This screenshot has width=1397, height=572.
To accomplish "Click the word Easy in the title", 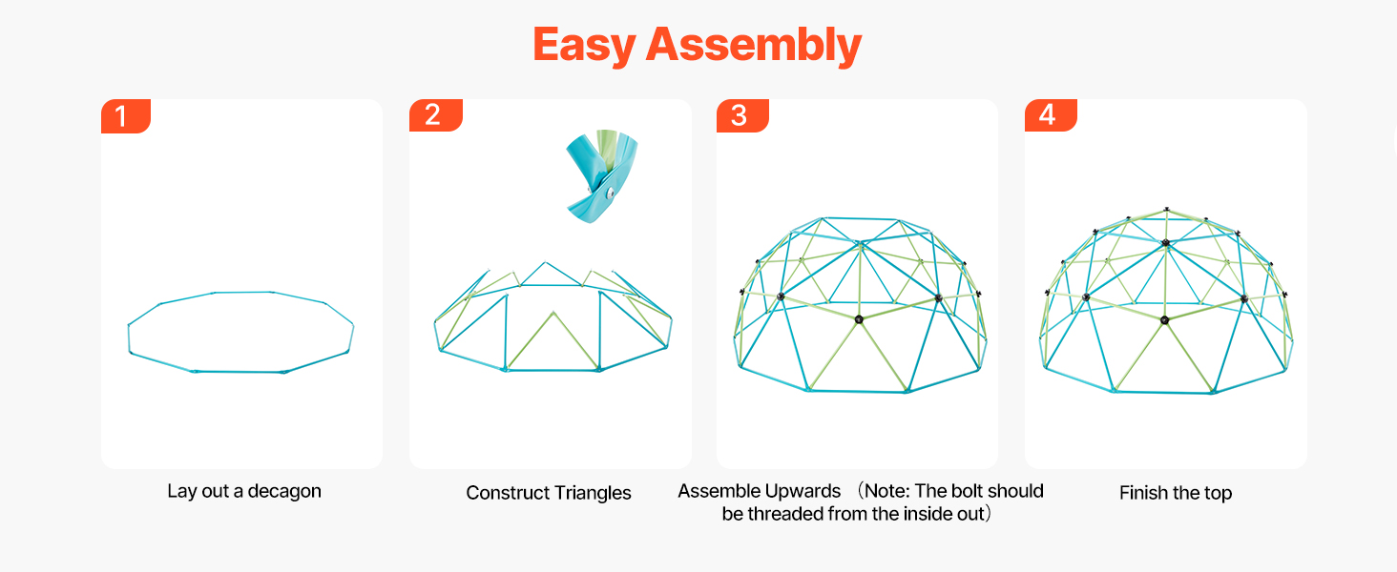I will point(583,45).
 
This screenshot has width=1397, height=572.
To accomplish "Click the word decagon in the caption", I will point(283,492).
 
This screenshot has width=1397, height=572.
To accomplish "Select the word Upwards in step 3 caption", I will point(802,491).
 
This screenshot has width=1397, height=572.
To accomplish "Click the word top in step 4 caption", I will point(1217,494).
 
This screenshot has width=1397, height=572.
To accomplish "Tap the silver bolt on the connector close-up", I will point(607,194).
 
